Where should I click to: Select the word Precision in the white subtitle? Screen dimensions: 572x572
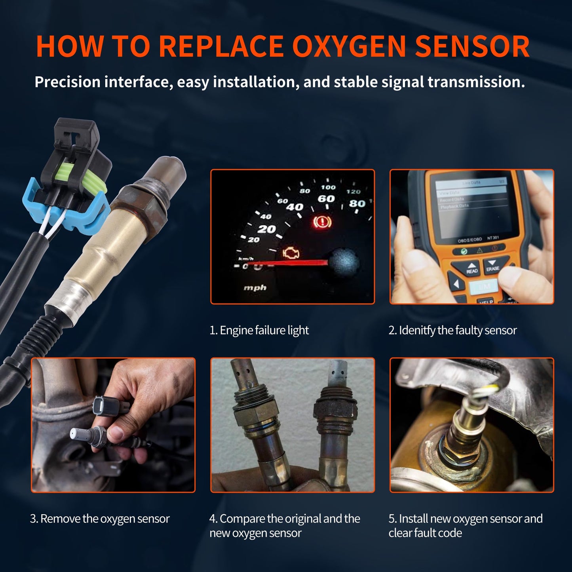tap(67, 82)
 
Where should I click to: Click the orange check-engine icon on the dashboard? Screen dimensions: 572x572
tap(291, 253)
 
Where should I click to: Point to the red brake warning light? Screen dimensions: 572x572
tap(322, 222)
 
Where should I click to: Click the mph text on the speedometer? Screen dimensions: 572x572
tap(255, 287)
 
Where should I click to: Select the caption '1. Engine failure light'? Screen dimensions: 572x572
tap(259, 330)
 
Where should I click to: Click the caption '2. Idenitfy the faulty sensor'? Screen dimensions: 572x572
tap(452, 330)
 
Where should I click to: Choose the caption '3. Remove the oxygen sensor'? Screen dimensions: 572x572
tap(100, 519)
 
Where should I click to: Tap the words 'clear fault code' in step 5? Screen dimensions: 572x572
tap(425, 533)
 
